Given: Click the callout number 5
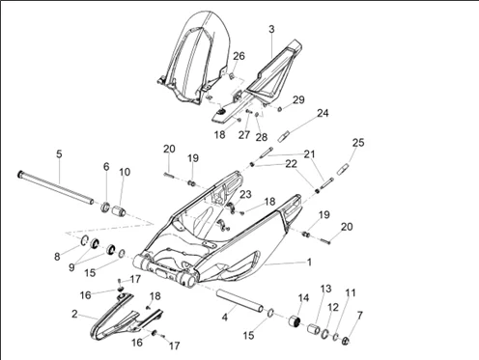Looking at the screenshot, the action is pos(59,154).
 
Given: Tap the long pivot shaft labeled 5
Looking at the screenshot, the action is pos(55,187).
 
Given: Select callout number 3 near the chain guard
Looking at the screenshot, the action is pos(271,29).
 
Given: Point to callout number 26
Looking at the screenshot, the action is pos(239,56).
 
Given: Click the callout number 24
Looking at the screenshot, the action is pos(323,113).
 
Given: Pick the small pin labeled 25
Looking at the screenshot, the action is pos(343,169).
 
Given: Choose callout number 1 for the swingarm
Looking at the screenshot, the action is pos(309,263).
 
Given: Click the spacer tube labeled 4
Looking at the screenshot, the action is pos(239,300).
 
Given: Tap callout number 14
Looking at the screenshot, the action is pos(303,298).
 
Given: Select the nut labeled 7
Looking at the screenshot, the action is pos(345,341).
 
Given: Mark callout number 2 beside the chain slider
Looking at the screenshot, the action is pos(74,314).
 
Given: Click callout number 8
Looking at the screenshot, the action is pos(57,257).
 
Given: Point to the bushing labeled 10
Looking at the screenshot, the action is pos(119,212).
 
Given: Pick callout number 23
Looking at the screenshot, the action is pos(245,194).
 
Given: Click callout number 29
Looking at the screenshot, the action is pos(298,99).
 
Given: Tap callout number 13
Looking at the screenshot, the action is pos(325,289).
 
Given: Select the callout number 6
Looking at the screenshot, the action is pos(106,167).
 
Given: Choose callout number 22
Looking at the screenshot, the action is pos(291,164).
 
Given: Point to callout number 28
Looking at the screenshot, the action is pos(262,137).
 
